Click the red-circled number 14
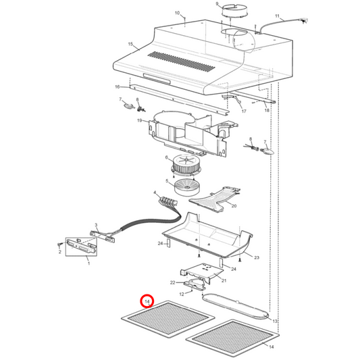(x=147, y=303)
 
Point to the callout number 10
(x=178, y=14)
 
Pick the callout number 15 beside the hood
(x=130, y=44)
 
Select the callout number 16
(x=117, y=87)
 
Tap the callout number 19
(x=140, y=121)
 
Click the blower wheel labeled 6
(x=182, y=163)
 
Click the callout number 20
(x=234, y=206)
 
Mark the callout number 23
(x=257, y=257)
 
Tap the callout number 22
(x=172, y=282)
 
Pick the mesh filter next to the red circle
(x=166, y=323)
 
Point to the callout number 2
(x=60, y=251)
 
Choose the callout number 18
(x=266, y=110)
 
